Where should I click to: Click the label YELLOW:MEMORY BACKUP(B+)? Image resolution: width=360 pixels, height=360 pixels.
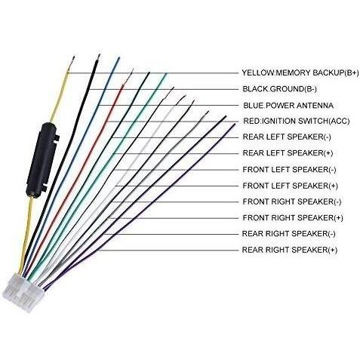pyautogui.click(x=300, y=73)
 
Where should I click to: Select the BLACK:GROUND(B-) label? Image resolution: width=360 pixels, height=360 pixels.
pyautogui.click(x=279, y=89)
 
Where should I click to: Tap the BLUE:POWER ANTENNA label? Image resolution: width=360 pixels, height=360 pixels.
pyautogui.click(x=288, y=106)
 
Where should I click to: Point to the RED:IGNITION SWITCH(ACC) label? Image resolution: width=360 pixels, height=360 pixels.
pyautogui.click(x=297, y=122)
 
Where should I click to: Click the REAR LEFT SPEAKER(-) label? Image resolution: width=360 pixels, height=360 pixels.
pyautogui.click(x=287, y=137)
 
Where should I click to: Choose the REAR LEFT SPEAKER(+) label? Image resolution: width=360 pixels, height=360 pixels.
pyautogui.click(x=288, y=153)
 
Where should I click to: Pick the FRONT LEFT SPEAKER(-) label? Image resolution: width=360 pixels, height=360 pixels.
pyautogui.click(x=289, y=170)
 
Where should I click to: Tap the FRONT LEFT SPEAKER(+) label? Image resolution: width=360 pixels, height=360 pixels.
pyautogui.click(x=291, y=186)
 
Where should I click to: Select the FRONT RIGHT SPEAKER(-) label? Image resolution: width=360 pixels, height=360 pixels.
pyautogui.click(x=292, y=202)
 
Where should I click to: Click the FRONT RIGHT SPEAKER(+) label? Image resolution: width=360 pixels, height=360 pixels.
pyautogui.click(x=293, y=218)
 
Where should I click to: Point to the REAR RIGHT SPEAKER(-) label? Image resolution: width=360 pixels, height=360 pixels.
pyautogui.click(x=288, y=234)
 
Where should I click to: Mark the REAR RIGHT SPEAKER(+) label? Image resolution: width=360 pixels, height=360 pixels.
pyautogui.click(x=290, y=250)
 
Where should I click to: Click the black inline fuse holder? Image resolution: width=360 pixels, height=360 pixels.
pyautogui.click(x=42, y=160)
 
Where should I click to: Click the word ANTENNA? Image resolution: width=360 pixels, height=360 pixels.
pyautogui.click(x=315, y=106)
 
